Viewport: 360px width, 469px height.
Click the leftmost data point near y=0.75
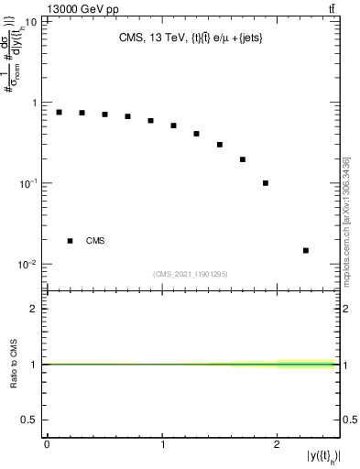(59, 112)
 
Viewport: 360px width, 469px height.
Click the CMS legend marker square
(71, 241)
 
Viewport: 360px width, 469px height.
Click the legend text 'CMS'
(95, 241)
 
